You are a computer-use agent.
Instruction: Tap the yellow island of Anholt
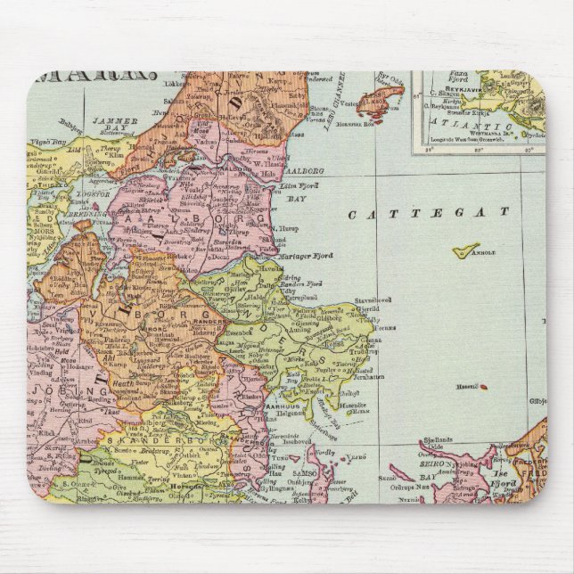pyautogui.click(x=465, y=251)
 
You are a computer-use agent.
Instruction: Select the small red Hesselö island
pyautogui.click(x=482, y=387)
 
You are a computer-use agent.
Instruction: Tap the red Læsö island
pyautogui.click(x=382, y=97)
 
